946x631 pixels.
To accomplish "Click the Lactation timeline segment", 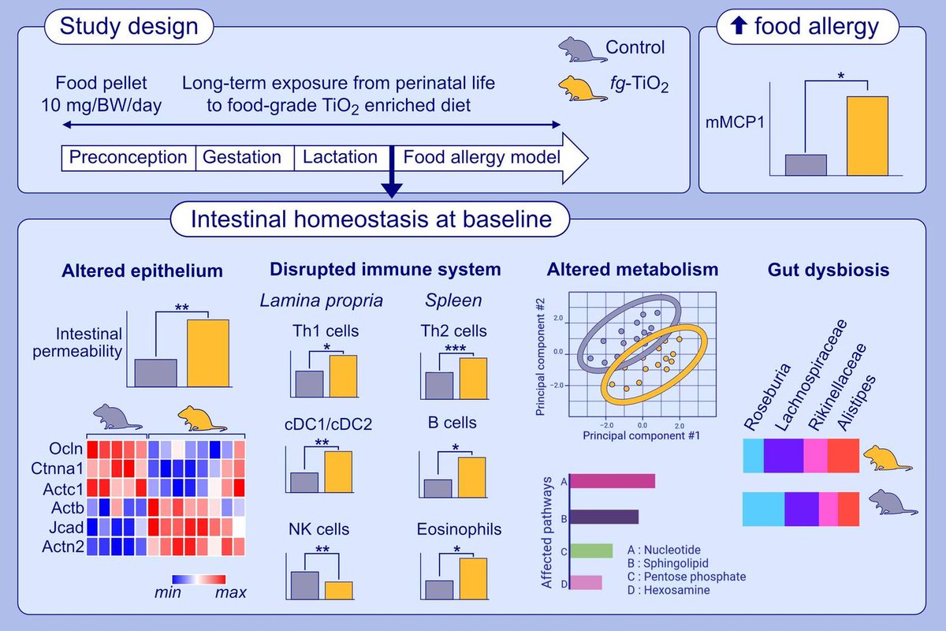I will coord(341,157).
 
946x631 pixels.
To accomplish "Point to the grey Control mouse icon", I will coord(580,49).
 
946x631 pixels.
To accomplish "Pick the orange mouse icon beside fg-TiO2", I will coord(579,84).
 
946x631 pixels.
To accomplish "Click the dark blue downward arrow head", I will coord(392,190).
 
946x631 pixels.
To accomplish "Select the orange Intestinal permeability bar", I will coord(208,353).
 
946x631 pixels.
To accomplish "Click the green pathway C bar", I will coord(591,551).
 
